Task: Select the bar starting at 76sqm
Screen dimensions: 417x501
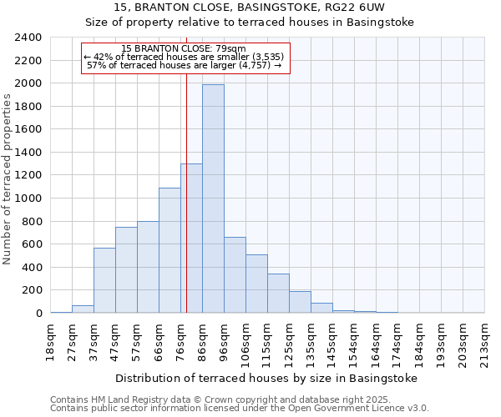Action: [x=191, y=239]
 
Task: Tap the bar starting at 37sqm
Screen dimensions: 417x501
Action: [x=104, y=280]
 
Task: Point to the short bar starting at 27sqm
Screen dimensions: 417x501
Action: [x=83, y=309]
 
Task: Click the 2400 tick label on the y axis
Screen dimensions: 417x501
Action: [x=28, y=38]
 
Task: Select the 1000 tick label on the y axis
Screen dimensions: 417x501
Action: [x=28, y=198]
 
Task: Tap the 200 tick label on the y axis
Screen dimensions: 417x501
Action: [x=31, y=290]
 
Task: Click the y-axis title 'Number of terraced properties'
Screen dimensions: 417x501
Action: [x=8, y=178]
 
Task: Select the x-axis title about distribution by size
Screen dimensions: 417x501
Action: [x=266, y=378]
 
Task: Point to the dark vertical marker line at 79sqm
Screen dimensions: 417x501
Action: [x=186, y=208]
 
